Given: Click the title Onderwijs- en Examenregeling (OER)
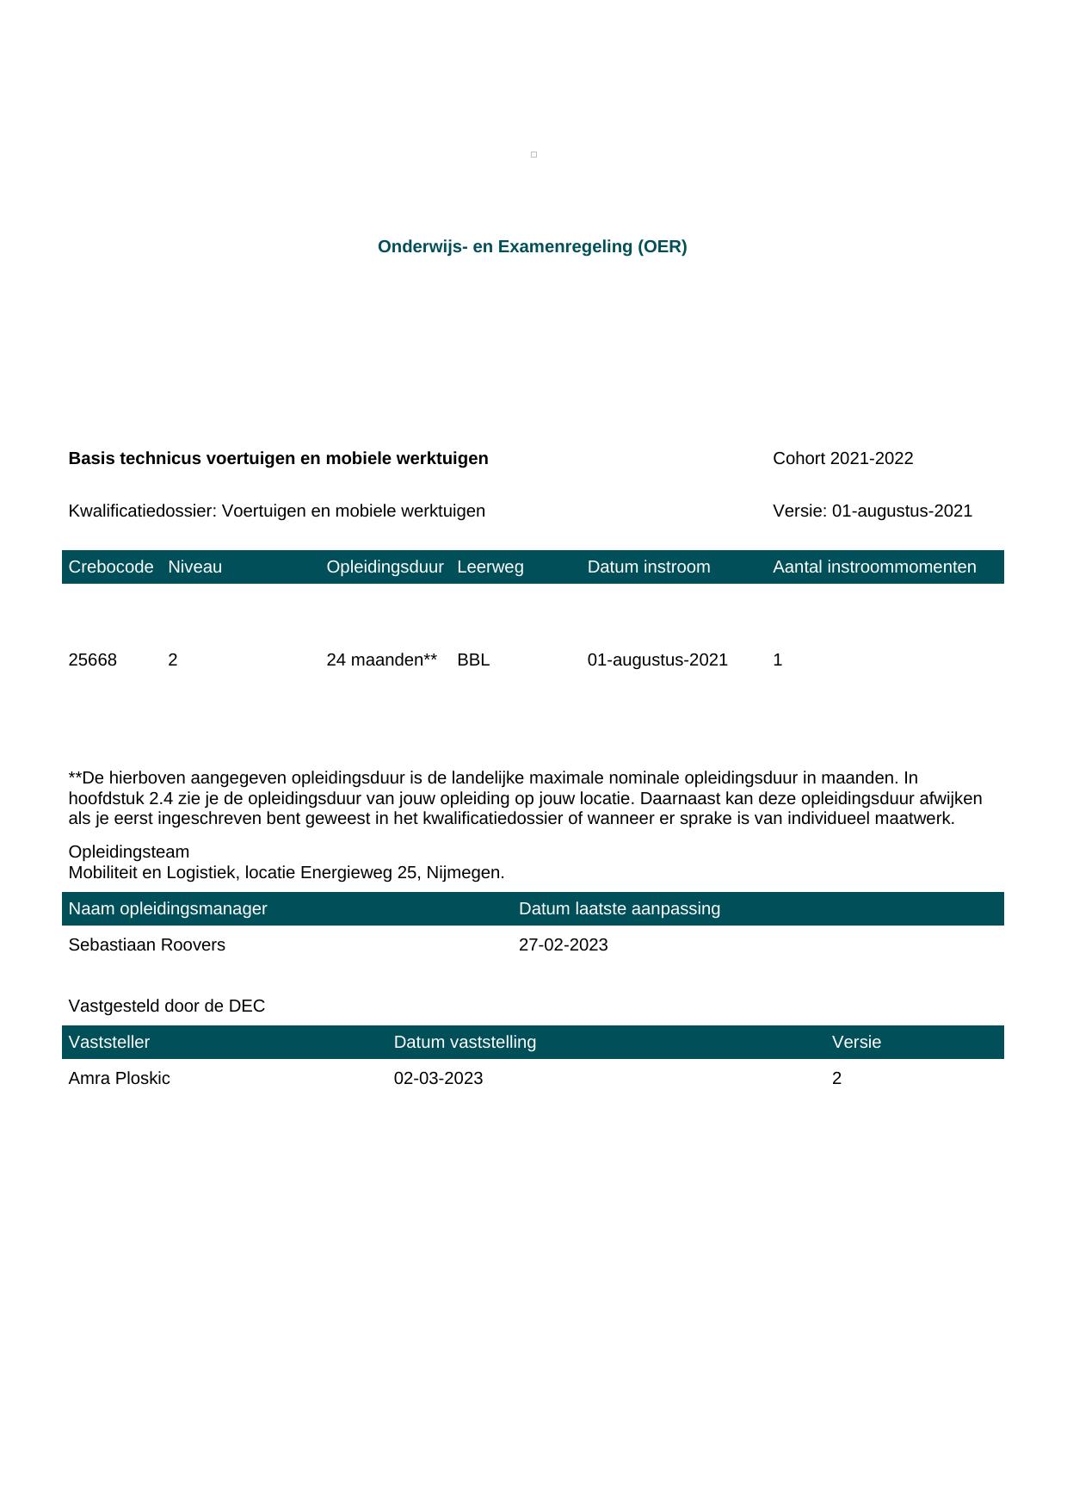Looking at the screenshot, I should click(x=532, y=247).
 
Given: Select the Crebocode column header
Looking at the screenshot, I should click(x=111, y=567).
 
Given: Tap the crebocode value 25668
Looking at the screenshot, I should click(x=93, y=660).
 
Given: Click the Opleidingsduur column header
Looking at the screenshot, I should click(x=385, y=567).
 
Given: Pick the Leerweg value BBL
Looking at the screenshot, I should click(x=473, y=660).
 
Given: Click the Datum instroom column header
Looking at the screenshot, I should click(x=649, y=567).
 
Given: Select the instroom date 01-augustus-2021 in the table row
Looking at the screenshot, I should click(x=657, y=660).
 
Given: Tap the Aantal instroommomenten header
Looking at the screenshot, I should click(x=874, y=567).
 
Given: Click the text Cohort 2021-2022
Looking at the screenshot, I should click(x=842, y=459).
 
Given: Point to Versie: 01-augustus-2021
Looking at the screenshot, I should click(x=873, y=511).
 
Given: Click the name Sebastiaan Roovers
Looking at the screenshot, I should click(x=147, y=945).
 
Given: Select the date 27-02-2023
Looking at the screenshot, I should click(x=563, y=945).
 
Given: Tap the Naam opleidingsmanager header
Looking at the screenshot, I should click(x=168, y=909).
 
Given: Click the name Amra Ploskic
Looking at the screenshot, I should click(x=120, y=1079).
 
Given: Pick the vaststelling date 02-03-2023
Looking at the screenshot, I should click(x=438, y=1079).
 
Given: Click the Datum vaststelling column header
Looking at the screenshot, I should click(x=465, y=1043).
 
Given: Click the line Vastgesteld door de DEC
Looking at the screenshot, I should click(x=167, y=1006).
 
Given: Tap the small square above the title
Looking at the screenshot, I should click(x=533, y=155).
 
